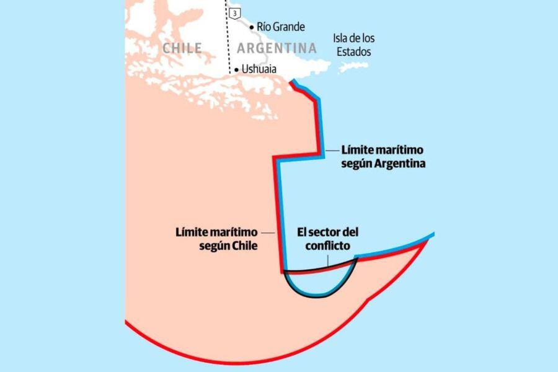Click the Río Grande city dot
coord(252,27)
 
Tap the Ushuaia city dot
coord(236,69)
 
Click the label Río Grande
coord(281,27)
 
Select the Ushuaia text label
coord(259,69)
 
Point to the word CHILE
coord(182,48)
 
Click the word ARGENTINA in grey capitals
coord(277,48)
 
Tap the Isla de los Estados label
coord(353,45)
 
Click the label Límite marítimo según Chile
coord(217,239)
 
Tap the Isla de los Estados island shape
coord(353,66)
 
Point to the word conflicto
coord(328,246)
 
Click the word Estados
coord(353,51)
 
